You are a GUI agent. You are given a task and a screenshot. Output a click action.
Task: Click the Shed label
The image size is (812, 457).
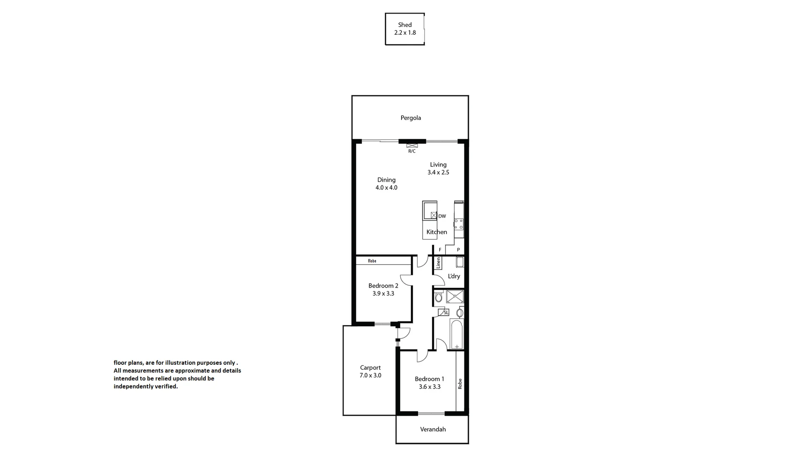[x=405, y=25]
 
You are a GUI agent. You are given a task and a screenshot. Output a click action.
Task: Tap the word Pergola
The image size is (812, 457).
[x=410, y=118]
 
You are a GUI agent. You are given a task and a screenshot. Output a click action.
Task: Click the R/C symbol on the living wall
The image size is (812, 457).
[x=411, y=146]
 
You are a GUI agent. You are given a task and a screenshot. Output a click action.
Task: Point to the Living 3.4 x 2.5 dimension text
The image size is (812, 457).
[x=438, y=172]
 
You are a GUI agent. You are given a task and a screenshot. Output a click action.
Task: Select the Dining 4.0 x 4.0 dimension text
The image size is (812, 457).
[x=386, y=187]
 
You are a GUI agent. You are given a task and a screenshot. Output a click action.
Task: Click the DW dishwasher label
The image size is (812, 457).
[x=442, y=216]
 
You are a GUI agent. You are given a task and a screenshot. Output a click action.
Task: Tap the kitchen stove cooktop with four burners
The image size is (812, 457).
[x=459, y=224]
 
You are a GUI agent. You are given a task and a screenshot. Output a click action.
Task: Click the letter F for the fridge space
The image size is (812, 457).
[x=440, y=250]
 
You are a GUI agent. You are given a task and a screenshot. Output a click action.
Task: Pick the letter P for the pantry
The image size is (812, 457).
[x=458, y=250]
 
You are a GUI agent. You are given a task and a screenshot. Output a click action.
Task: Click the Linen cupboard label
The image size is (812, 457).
[x=438, y=263]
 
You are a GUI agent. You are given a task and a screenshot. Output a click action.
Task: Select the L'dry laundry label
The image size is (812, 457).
[x=454, y=276]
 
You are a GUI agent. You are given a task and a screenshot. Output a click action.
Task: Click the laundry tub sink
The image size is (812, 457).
[x=460, y=262]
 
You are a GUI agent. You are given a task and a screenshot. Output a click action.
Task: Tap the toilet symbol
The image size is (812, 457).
[x=438, y=297]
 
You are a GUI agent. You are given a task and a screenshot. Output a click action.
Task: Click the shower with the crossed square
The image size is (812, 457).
[x=454, y=297]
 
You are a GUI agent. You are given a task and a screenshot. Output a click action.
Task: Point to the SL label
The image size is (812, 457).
[x=445, y=313]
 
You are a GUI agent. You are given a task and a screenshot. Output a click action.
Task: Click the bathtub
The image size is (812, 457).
[x=457, y=334]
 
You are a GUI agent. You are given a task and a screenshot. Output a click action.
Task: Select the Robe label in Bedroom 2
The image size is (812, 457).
[x=372, y=261]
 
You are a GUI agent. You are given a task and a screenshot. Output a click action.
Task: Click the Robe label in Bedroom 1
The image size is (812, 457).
[x=460, y=384]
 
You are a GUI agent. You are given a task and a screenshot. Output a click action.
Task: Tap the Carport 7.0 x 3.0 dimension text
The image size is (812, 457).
[x=370, y=375]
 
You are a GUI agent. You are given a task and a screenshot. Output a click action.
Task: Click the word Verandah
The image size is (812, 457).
[x=432, y=429]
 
